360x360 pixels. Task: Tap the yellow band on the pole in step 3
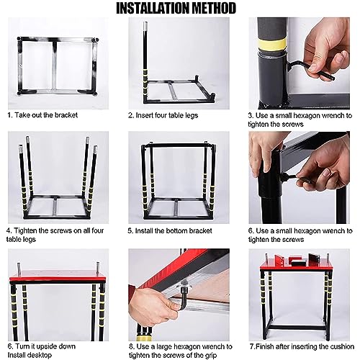(x=273, y=44)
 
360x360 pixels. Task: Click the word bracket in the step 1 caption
(x=66, y=115)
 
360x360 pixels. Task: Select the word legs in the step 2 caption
(x=192, y=116)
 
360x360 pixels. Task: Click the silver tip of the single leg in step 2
(x=145, y=25)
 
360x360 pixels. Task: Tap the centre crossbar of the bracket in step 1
(x=55, y=66)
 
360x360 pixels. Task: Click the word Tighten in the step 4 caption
(x=25, y=230)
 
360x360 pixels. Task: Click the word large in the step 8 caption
(x=164, y=347)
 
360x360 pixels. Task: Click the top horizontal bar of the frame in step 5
(x=178, y=145)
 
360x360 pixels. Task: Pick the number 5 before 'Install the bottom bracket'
(x=130, y=231)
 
